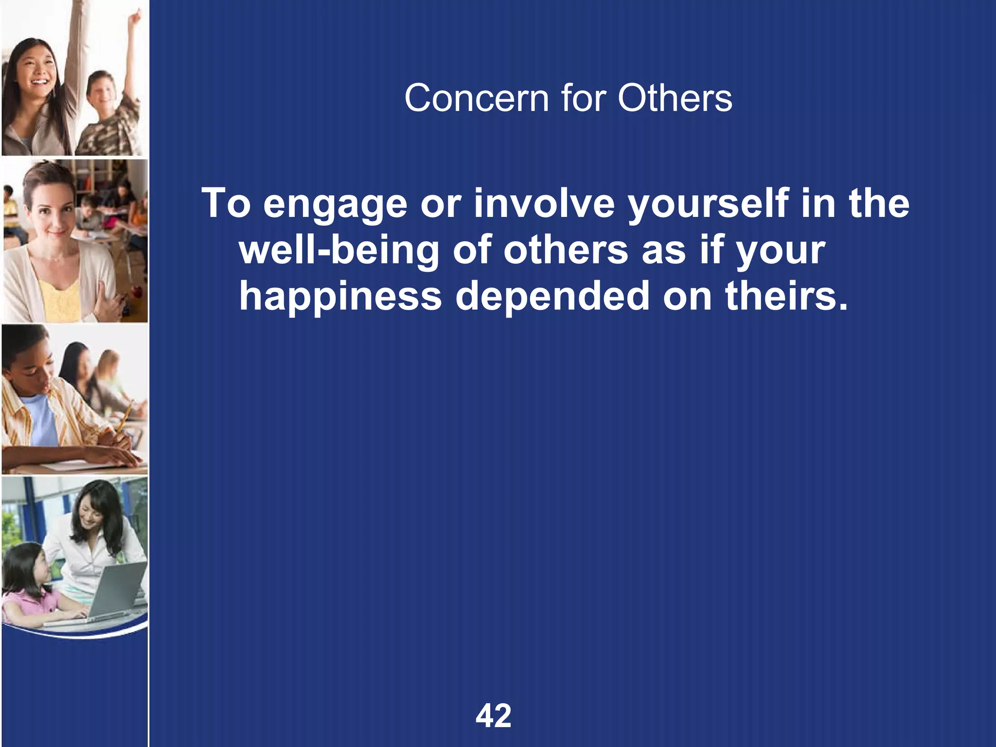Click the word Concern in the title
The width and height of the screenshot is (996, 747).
point(476,98)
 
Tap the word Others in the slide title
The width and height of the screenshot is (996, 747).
point(675,98)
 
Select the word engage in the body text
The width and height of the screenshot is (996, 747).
point(335,204)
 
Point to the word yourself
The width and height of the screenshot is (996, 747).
point(708,204)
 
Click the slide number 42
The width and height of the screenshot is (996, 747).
point(494,715)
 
